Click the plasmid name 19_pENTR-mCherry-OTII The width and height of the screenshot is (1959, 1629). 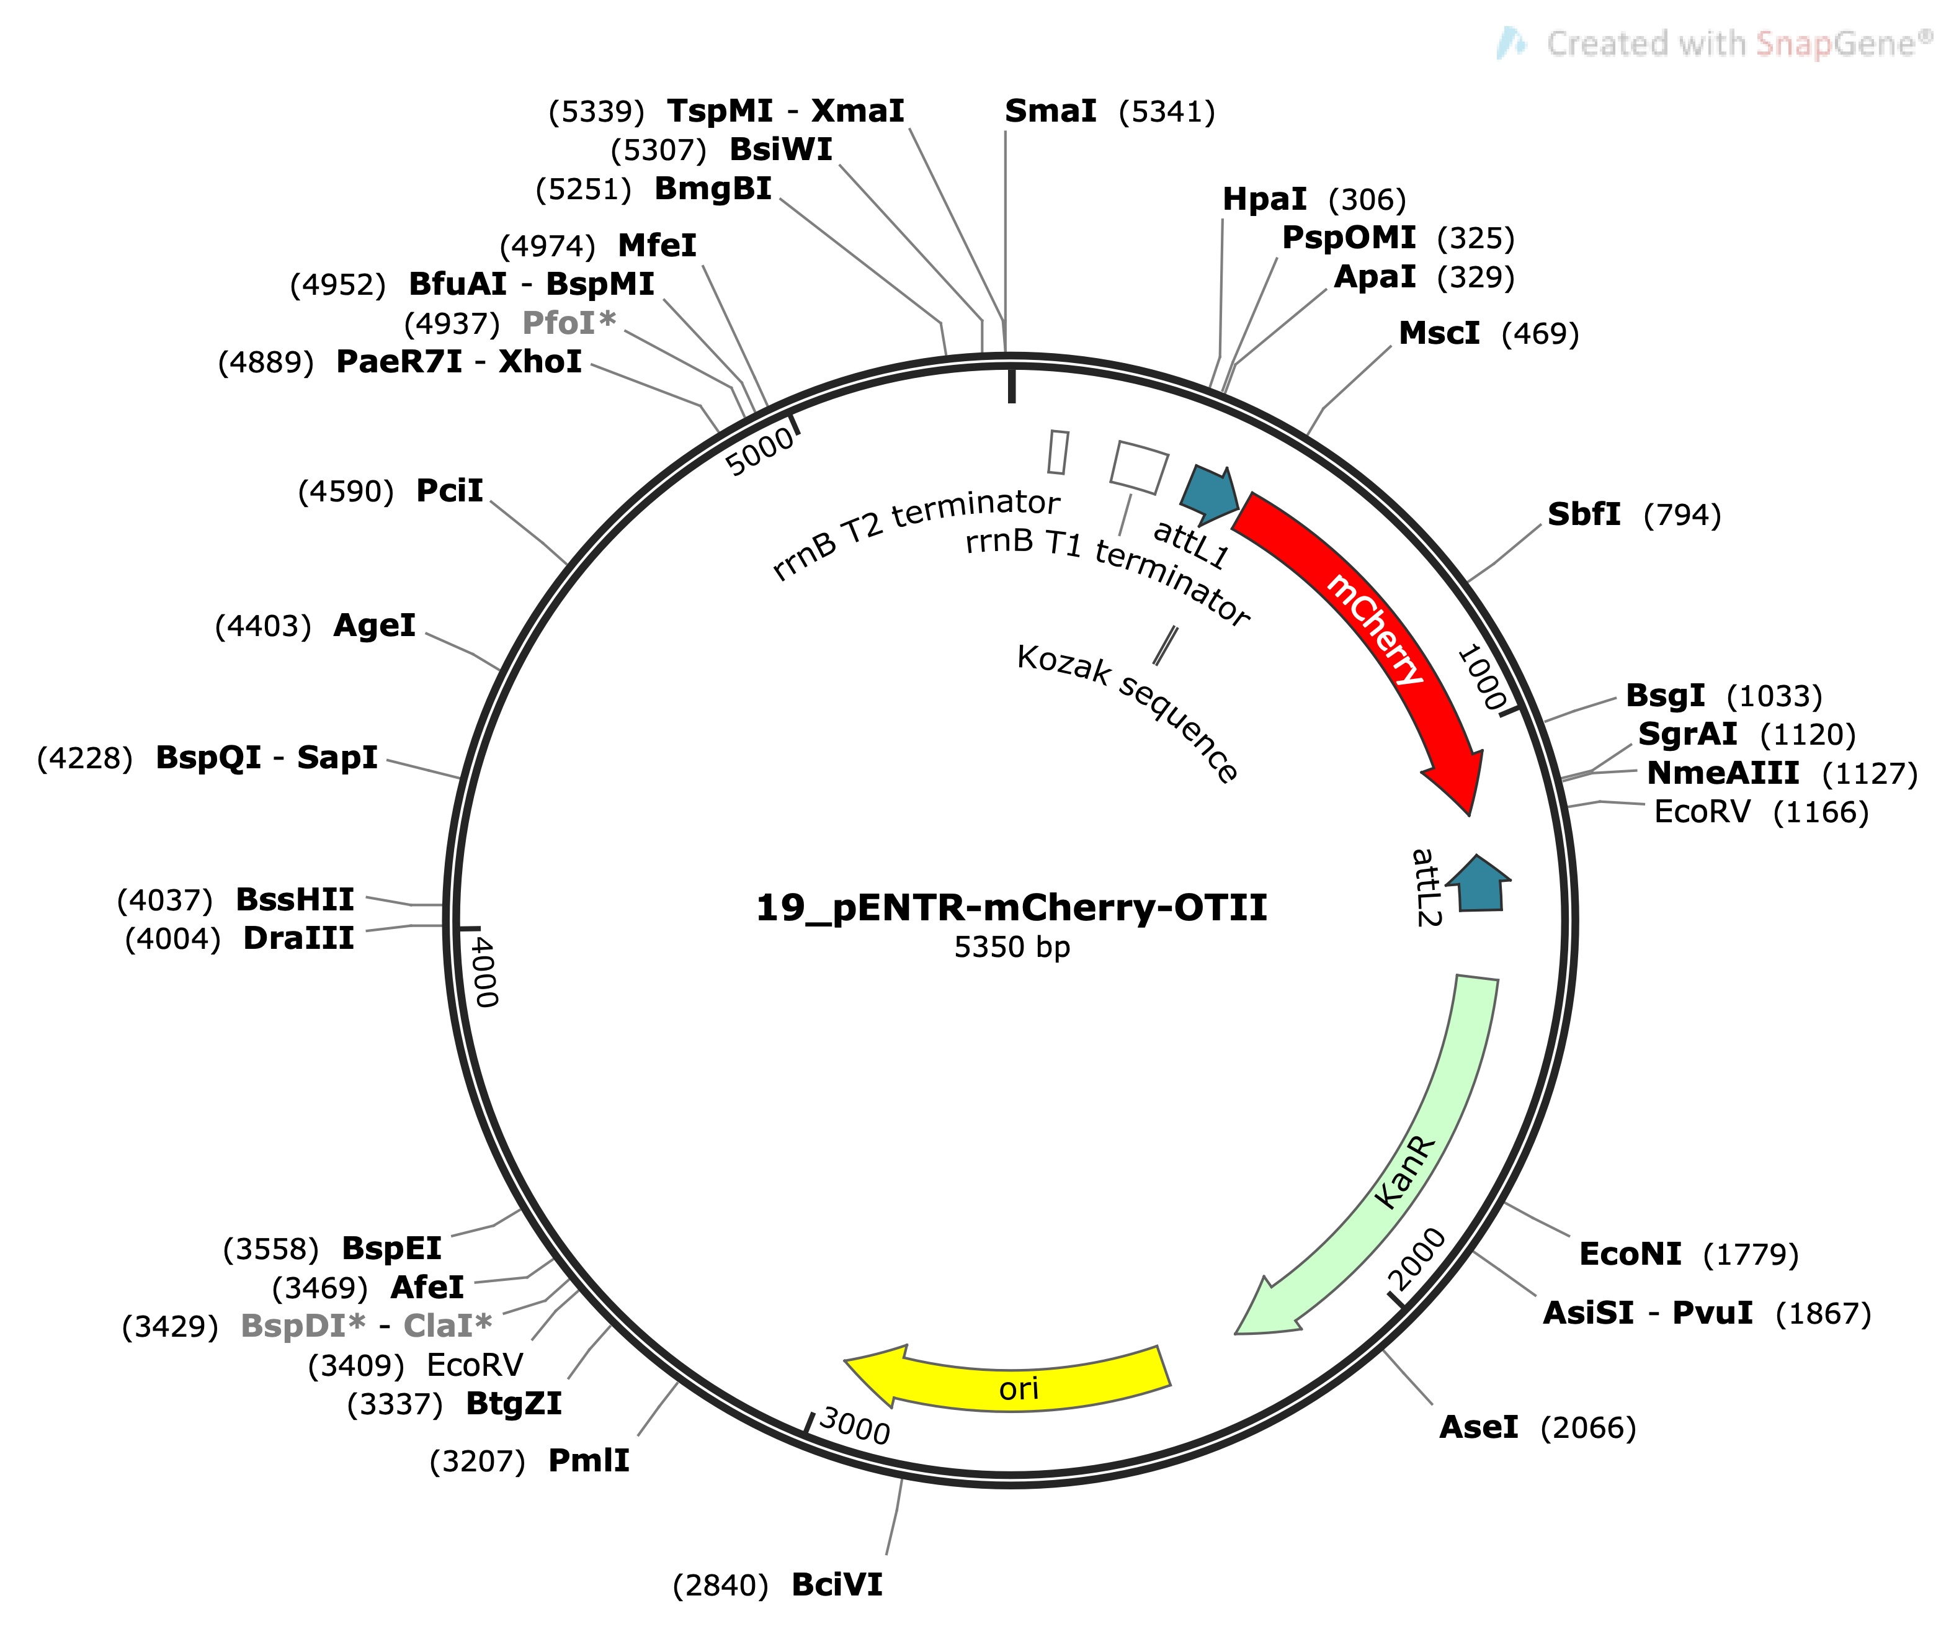tap(1011, 907)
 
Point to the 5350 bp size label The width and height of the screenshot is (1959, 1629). tap(1011, 947)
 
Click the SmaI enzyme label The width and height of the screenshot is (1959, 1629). tap(1050, 111)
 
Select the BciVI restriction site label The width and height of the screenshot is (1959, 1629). tap(837, 1584)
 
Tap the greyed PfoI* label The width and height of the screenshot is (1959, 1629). tap(569, 323)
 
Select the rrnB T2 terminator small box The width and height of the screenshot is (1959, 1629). tap(1058, 452)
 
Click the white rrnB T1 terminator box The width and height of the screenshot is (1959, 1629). tap(1139, 467)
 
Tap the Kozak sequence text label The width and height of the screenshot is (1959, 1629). tap(1127, 712)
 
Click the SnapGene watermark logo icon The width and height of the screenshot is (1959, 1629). tap(1511, 43)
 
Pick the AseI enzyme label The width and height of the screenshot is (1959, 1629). tap(1479, 1427)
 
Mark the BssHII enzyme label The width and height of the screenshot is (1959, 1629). tap(295, 899)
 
